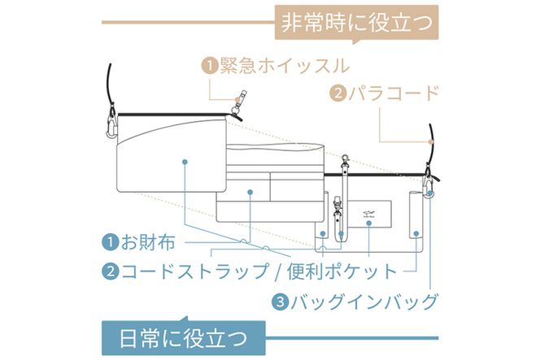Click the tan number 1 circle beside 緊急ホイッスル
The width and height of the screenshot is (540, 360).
pyautogui.click(x=210, y=66)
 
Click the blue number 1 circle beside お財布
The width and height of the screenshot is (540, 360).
pyautogui.click(x=109, y=242)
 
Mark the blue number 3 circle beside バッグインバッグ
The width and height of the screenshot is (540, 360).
pyautogui.click(x=280, y=302)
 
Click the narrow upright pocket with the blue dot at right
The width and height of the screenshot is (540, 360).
pyautogui.click(x=415, y=215)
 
